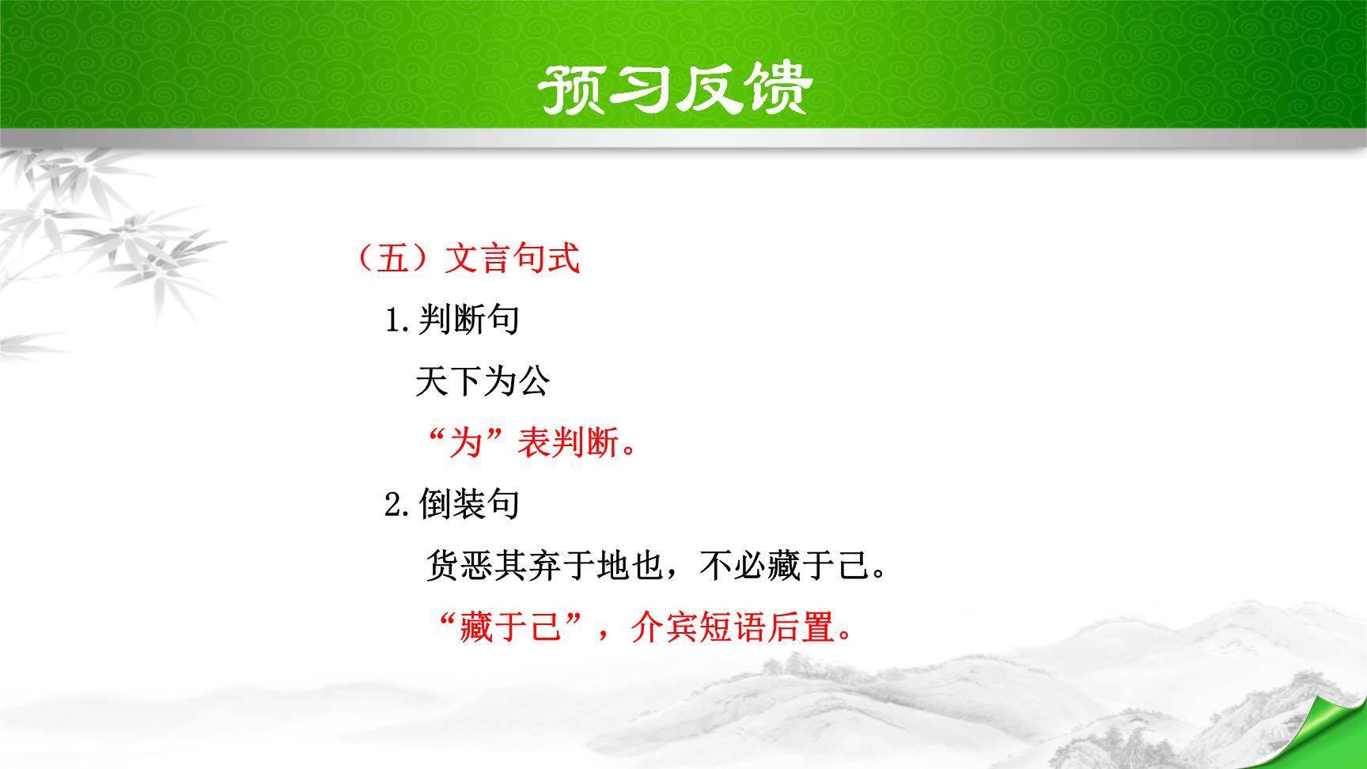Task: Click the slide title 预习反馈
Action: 674,88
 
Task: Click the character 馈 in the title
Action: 778,88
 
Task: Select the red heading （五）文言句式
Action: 468,258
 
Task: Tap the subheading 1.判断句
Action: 452,320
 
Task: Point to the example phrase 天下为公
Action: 482,382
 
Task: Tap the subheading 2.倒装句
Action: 452,504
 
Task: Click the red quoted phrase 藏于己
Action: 509,629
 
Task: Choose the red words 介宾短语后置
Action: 733,629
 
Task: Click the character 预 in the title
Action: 570,88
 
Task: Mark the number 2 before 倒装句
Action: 393,505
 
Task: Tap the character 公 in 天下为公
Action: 533,382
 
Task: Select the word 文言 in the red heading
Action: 479,258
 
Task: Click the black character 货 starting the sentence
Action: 443,566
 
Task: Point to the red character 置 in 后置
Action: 819,629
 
